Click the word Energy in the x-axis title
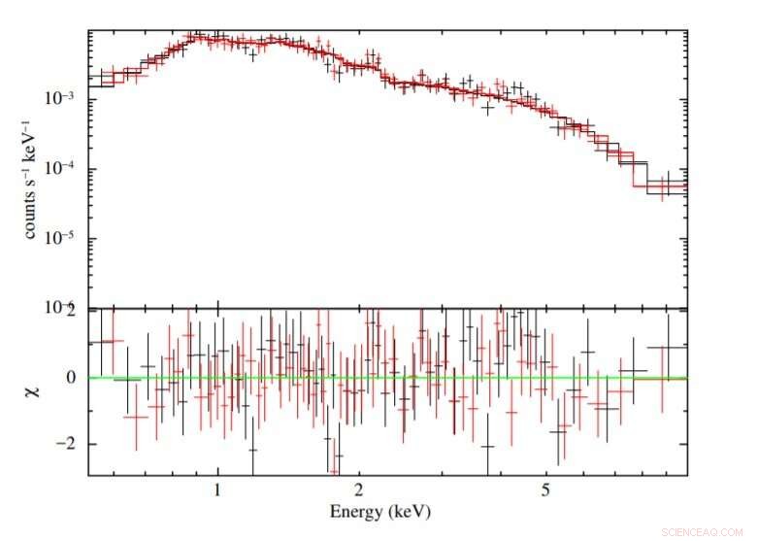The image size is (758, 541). pos(355,511)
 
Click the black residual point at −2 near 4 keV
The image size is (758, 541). pos(487,447)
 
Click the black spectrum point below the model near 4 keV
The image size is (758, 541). pos(486,108)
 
